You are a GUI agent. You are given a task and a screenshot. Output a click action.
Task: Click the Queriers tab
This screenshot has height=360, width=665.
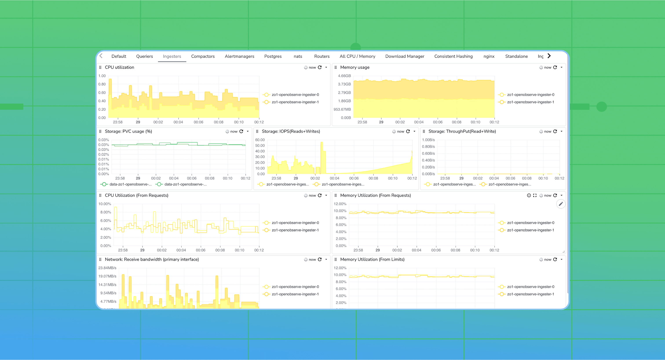tap(144, 56)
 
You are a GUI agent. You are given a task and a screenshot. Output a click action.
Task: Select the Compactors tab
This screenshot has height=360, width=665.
tap(203, 56)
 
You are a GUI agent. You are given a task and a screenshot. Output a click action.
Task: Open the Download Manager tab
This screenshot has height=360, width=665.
tap(405, 56)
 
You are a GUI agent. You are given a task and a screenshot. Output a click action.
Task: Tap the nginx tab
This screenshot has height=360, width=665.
tap(489, 56)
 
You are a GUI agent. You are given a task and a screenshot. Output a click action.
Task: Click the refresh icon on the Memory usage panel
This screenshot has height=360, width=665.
tap(555, 67)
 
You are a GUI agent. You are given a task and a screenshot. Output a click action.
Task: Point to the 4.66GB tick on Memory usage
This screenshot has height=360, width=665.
tap(344, 76)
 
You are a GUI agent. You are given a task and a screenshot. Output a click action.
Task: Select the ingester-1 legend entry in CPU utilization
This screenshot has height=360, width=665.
tap(295, 102)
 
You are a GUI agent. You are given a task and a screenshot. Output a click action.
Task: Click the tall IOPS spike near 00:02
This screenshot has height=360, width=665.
tap(322, 155)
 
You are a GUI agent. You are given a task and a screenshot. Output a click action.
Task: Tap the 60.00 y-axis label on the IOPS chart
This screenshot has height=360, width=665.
tap(260, 140)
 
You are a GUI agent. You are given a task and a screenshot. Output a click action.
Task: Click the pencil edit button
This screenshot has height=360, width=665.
tap(561, 204)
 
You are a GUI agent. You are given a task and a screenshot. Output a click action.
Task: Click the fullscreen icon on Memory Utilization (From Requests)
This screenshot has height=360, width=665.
tap(535, 195)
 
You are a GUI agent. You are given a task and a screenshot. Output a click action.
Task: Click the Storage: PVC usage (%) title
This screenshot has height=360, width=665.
tap(128, 131)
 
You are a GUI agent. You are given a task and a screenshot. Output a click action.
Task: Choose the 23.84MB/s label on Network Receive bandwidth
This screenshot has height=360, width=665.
tap(107, 268)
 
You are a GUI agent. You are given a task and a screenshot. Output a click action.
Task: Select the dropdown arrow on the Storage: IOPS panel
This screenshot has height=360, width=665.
tap(414, 131)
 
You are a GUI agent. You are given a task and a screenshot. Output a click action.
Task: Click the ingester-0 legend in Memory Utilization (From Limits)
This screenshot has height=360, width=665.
tap(530, 287)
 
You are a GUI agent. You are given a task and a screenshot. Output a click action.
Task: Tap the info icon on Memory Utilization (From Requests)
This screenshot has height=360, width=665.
tap(529, 195)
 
